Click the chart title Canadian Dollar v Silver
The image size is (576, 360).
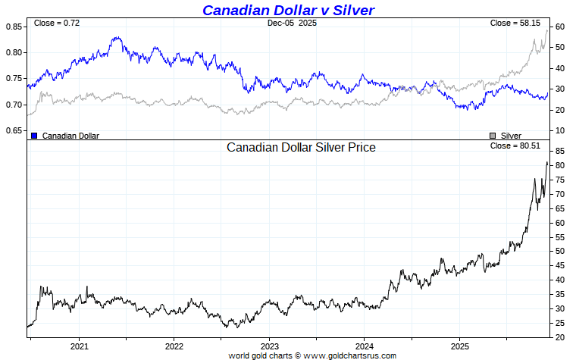click(x=288, y=10)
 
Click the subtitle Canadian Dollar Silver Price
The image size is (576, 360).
click(x=301, y=148)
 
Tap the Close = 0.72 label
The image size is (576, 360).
click(x=57, y=23)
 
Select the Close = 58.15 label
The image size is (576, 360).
click(x=515, y=23)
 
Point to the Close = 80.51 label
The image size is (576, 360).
click(x=515, y=146)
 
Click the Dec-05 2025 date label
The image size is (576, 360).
click(x=292, y=23)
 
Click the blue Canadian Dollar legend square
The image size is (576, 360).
click(x=34, y=136)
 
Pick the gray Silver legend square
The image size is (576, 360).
click(x=493, y=136)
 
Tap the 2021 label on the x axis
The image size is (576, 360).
click(x=80, y=346)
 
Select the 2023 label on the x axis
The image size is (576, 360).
click(x=269, y=346)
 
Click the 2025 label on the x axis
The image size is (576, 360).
click(x=459, y=346)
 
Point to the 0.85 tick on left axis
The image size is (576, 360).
click(x=14, y=27)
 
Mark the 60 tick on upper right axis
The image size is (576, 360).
click(x=559, y=27)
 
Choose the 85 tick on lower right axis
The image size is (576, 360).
click(x=559, y=152)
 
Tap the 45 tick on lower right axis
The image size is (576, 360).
click(x=559, y=266)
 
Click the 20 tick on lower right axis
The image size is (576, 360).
click(x=559, y=337)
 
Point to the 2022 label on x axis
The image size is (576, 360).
click(x=174, y=346)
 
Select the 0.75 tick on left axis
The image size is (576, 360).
click(x=14, y=79)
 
